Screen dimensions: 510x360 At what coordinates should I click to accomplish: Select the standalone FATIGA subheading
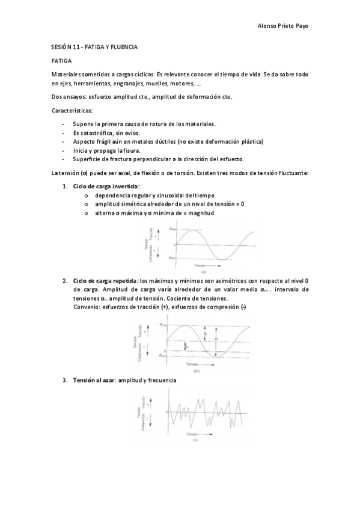point(62,61)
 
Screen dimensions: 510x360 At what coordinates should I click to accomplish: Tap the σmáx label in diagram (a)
point(172,229)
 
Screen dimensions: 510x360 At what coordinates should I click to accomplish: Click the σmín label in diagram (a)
point(172,257)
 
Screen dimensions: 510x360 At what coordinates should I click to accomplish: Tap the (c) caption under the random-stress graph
point(196,440)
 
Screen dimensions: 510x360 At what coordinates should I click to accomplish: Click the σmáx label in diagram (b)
point(163,325)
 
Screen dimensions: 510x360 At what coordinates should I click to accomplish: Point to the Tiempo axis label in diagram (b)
point(194,364)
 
